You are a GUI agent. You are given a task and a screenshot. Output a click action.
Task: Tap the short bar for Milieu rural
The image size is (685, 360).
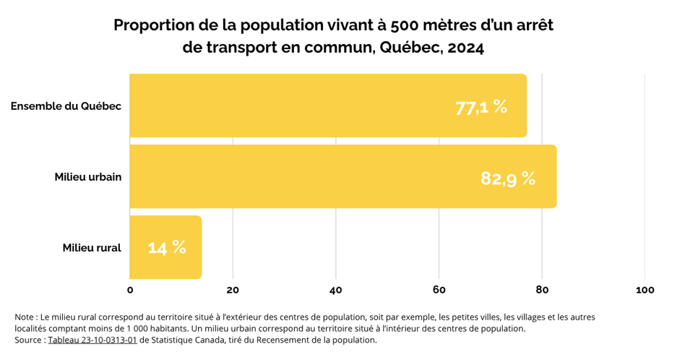pos(165,247)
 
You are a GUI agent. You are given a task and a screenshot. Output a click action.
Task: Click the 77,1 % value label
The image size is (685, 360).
pos(481,107)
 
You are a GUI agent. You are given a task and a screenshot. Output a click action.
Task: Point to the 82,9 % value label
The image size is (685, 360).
pos(508,178)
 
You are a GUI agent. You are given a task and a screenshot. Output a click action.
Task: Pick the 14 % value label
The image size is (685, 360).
pos(167,247)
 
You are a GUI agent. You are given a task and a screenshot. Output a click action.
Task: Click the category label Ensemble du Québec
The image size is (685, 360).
pos(66,106)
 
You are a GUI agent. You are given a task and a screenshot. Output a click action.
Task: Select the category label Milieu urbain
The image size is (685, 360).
pos(87,177)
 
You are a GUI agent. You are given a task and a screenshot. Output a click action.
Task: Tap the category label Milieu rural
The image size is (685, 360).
pos(91,248)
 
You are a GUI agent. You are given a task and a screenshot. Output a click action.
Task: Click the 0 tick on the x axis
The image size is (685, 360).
pos(130,290)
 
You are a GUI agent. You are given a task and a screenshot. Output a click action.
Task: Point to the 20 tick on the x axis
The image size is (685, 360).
pos(233,290)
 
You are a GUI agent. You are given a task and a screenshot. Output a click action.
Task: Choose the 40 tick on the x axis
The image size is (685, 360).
pos(336,290)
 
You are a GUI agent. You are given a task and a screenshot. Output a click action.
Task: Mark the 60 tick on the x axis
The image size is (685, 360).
pos(439,290)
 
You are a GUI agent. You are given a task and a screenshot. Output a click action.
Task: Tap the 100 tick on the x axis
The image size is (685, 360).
pos(645,290)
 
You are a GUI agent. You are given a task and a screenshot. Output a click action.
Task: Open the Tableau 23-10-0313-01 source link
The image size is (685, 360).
pos(92,340)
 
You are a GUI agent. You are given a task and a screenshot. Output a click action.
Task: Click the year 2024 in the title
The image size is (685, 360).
pos(465,48)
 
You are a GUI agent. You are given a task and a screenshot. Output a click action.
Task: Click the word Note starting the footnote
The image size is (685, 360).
pos(24,317)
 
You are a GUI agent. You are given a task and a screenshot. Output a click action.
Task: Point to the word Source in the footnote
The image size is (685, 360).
pos(28,340)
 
